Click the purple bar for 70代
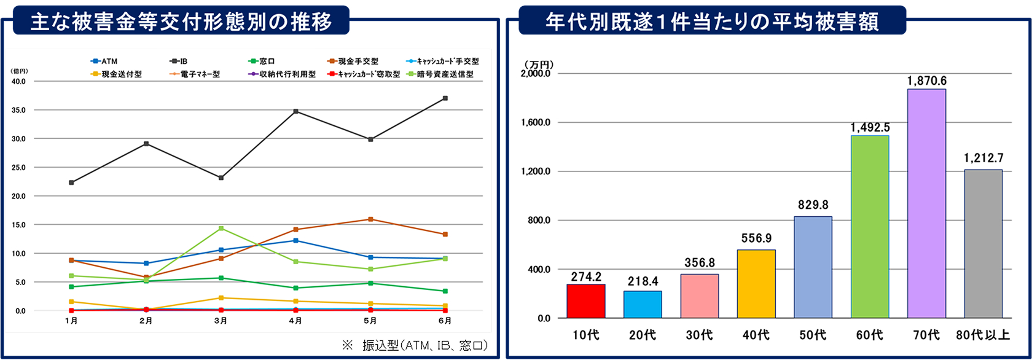(x=926, y=203)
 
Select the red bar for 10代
(x=585, y=301)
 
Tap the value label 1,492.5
(x=870, y=128)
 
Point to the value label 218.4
(x=643, y=281)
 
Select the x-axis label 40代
(x=756, y=335)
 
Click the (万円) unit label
(x=539, y=64)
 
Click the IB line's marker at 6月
(x=445, y=98)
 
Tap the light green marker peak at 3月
(x=221, y=229)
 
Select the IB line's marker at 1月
(x=72, y=182)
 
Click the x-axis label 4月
(x=295, y=321)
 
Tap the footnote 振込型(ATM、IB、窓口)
(x=424, y=346)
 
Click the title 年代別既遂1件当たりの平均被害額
(x=712, y=22)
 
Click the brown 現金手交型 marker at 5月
(x=370, y=219)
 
